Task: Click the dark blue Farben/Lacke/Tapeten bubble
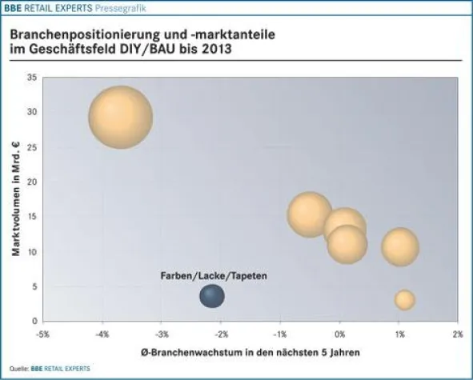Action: coord(211,297)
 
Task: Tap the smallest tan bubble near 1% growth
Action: coord(404,300)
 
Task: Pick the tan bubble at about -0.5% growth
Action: coord(310,214)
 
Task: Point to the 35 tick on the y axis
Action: coord(31,78)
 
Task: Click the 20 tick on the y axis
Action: coord(31,182)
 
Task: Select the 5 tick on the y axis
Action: coord(34,286)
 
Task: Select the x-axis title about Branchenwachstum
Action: coord(250,352)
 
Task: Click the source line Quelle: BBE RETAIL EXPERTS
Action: coord(48,368)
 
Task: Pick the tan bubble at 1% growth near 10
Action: coord(400,246)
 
